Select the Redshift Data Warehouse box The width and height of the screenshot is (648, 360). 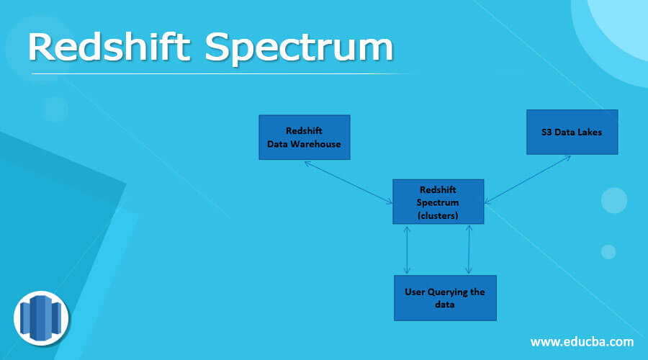pyautogui.click(x=304, y=137)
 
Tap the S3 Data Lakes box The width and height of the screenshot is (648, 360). pyautogui.click(x=572, y=132)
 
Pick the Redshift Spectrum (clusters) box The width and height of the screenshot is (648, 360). pyautogui.click(x=438, y=202)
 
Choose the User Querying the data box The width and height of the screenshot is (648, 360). pyautogui.click(x=445, y=297)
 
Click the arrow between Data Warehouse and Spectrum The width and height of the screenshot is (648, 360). pyautogui.click(x=348, y=181)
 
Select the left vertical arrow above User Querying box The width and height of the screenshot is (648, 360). pyautogui.click(x=408, y=249)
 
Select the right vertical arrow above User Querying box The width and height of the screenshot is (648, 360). pyautogui.click(x=469, y=249)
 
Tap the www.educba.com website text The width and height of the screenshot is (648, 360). pyautogui.click(x=582, y=341)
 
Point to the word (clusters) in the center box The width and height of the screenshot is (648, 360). pyautogui.click(x=438, y=214)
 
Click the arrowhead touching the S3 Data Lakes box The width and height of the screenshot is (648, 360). pyautogui.click(x=567, y=158)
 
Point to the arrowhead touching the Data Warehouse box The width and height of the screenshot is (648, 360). pyautogui.click(x=307, y=163)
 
